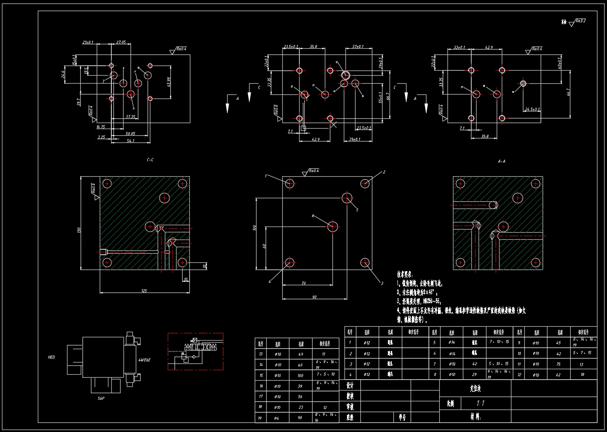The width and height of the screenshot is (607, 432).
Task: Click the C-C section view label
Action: click(x=150, y=160)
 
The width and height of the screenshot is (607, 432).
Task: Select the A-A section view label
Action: click(x=501, y=161)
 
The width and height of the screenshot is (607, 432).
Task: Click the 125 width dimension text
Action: click(x=144, y=291)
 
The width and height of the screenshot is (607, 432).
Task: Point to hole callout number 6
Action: click(x=313, y=216)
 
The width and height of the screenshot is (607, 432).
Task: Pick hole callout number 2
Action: click(x=384, y=172)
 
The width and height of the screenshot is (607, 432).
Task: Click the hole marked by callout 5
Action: click(x=347, y=198)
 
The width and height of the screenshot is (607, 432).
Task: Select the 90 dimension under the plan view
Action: click(x=314, y=297)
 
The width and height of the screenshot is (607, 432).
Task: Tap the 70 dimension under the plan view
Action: click(x=303, y=283)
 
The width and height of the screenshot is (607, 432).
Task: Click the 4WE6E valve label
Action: click(x=144, y=360)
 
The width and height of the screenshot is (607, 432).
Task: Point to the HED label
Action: click(x=52, y=357)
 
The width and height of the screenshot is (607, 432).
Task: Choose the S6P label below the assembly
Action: click(x=101, y=399)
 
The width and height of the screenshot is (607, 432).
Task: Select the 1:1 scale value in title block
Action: click(x=480, y=403)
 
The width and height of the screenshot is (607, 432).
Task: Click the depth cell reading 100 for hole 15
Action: click(x=300, y=375)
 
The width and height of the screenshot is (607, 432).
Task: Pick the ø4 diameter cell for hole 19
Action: click(x=278, y=418)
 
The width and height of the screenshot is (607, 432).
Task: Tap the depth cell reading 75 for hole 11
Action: click(x=558, y=364)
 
